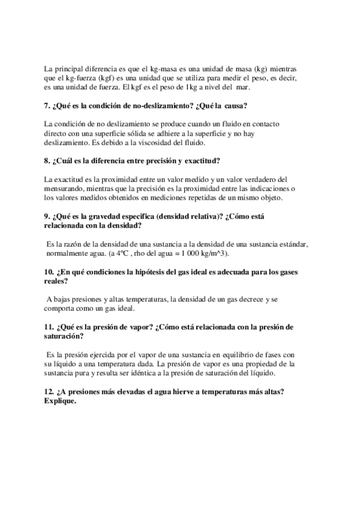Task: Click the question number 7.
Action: (47, 106)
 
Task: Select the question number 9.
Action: (47, 217)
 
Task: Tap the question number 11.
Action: (49, 327)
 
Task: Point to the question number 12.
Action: (49, 392)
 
